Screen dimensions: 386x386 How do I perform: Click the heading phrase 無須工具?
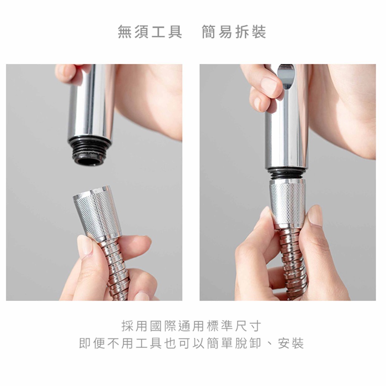[150, 32]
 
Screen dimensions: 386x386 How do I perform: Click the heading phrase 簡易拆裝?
[234, 32]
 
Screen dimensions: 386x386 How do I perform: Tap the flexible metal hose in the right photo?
[293, 263]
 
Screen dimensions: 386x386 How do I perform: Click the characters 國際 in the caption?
[163, 326]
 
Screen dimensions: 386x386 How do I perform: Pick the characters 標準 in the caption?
[220, 326]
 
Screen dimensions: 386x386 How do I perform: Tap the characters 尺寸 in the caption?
[248, 326]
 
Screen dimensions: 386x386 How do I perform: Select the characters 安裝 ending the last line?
[291, 343]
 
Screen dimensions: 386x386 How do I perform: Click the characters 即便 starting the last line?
[92, 343]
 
